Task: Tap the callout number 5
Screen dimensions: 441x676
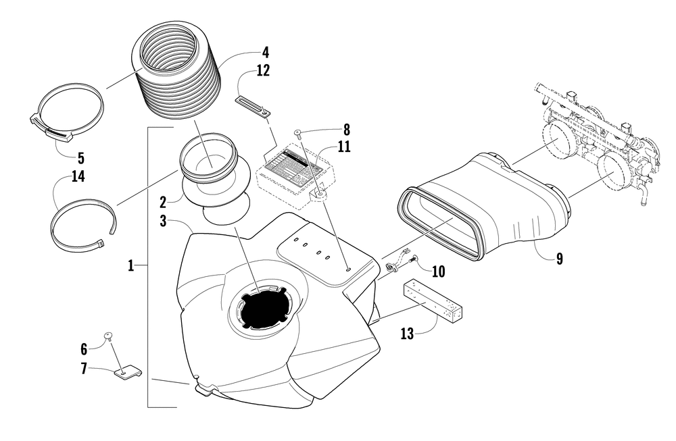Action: pyautogui.click(x=80, y=159)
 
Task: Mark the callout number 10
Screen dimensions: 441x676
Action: pyautogui.click(x=438, y=271)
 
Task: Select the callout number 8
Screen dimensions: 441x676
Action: pyautogui.click(x=347, y=128)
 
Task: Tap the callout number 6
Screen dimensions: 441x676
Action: pyautogui.click(x=84, y=348)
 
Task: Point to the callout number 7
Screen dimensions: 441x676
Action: pyautogui.click(x=84, y=369)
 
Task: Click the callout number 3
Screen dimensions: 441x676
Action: pyautogui.click(x=164, y=221)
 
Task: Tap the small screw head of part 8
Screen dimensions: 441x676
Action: pyautogui.click(x=299, y=134)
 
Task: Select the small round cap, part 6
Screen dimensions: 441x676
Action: pyautogui.click(x=108, y=336)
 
